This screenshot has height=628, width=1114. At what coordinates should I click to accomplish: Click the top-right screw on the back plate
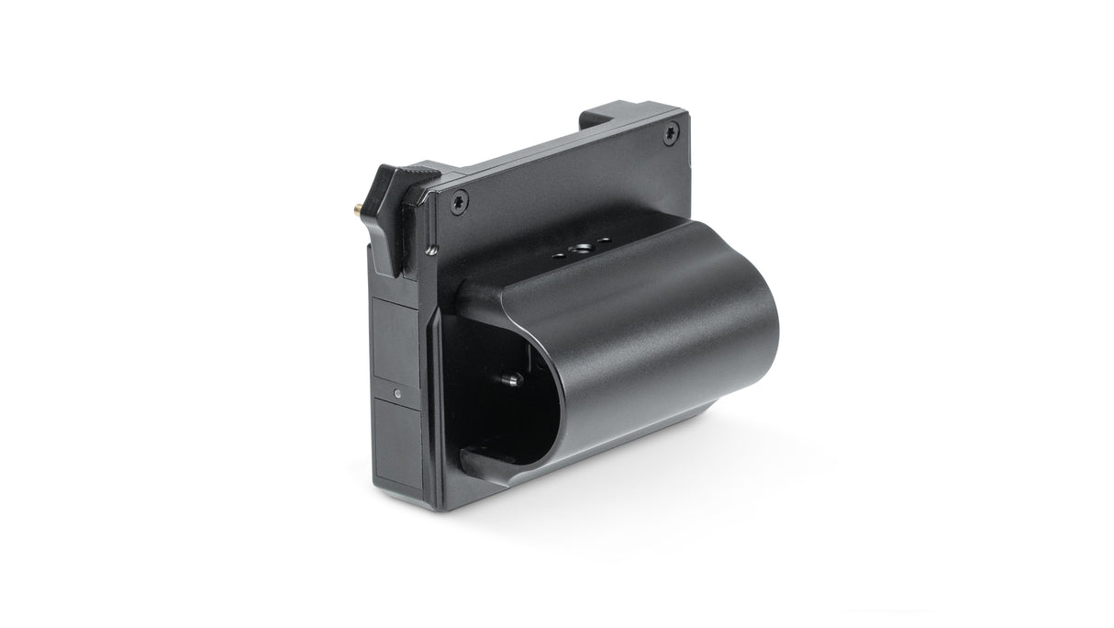[x=667, y=135]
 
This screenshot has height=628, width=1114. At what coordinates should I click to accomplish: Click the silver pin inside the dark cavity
[x=511, y=377]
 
